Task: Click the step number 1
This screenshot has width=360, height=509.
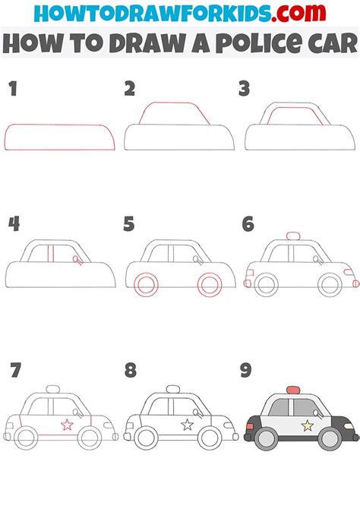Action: (x=12, y=89)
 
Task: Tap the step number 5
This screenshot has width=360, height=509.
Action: (x=130, y=223)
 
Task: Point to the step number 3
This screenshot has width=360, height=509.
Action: (x=244, y=89)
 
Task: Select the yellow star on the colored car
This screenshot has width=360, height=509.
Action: (x=308, y=425)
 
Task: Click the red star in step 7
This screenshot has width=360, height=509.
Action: (x=67, y=425)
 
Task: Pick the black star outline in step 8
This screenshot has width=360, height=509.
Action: (x=187, y=425)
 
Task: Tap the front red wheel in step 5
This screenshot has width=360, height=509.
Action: (x=209, y=285)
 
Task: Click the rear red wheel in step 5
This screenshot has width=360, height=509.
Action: (x=145, y=285)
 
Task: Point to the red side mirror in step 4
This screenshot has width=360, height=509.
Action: (x=77, y=260)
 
